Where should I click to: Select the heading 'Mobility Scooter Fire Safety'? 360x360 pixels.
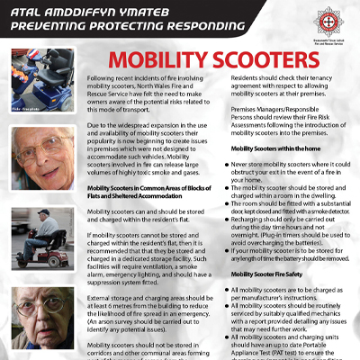point(267,273)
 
